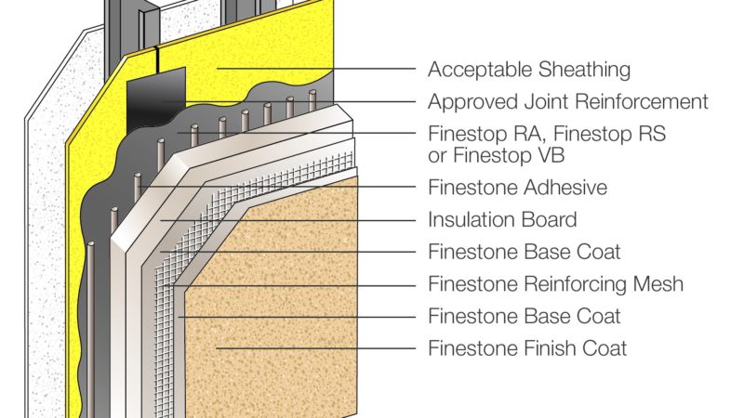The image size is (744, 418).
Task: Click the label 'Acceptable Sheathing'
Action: [528, 70]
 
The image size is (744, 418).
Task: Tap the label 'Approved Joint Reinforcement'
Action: [567, 101]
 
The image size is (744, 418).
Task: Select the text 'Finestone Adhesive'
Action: [517, 188]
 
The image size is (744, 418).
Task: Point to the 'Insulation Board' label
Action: [502, 220]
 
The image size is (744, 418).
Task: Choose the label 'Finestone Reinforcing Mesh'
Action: [555, 283]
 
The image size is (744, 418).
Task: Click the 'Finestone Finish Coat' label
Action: [527, 348]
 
